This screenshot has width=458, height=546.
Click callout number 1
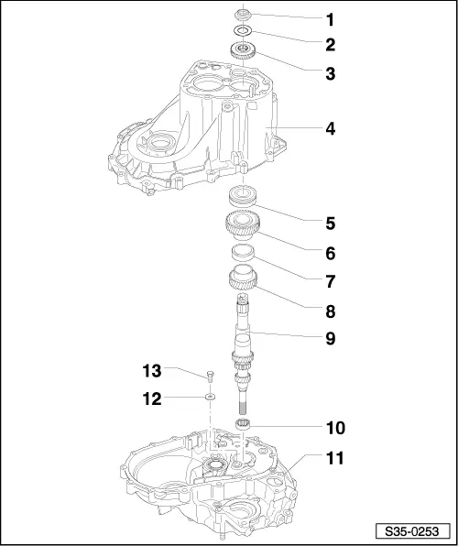tap(330, 20)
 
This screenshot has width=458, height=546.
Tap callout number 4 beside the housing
tap(330, 129)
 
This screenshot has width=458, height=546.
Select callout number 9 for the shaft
tap(330, 338)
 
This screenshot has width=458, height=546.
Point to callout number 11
tap(334, 458)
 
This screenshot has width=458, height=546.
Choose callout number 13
tap(152, 370)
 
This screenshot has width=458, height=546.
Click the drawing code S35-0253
tap(412, 531)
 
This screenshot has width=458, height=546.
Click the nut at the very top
tap(243, 15)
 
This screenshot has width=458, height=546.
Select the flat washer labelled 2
tap(244, 31)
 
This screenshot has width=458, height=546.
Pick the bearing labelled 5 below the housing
tap(244, 196)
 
